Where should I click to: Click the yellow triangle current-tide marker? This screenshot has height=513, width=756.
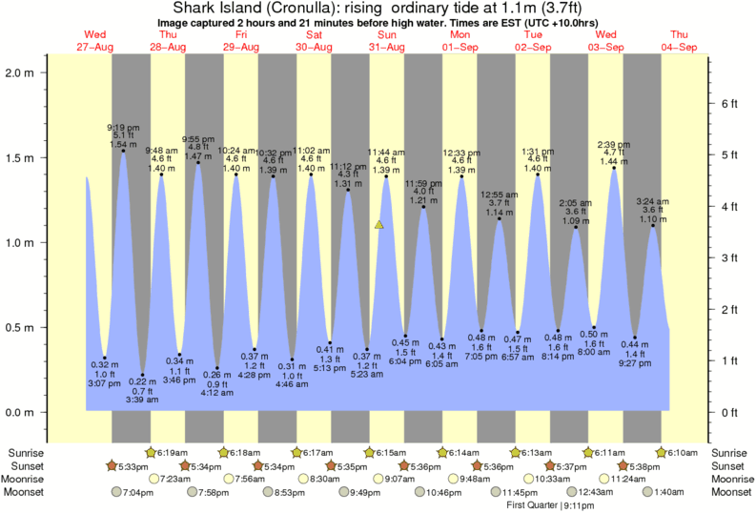(x=379, y=225)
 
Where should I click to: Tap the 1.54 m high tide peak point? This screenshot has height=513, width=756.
(x=123, y=151)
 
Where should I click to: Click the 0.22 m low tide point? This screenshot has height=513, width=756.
(x=142, y=375)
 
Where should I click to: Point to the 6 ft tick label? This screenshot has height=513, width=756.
(x=727, y=103)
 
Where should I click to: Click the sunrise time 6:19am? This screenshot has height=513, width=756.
(x=173, y=452)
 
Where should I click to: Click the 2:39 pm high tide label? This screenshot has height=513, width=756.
(x=613, y=144)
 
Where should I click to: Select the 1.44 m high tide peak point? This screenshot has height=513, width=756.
(x=613, y=168)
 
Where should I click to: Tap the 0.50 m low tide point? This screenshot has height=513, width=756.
(x=594, y=327)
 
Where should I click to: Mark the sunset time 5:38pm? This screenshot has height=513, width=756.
(x=646, y=465)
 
